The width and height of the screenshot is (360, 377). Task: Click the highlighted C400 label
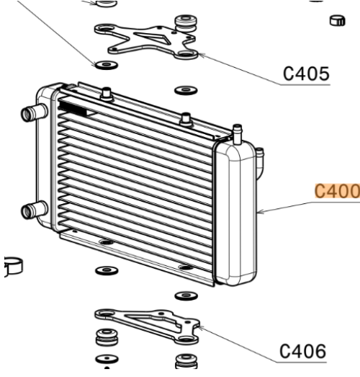(x=337, y=191)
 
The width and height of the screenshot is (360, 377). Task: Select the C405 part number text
(x=306, y=74)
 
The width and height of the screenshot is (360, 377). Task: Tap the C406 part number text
(x=303, y=351)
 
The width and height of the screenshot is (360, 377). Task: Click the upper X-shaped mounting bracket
(x=146, y=41)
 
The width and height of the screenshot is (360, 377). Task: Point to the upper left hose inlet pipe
(x=34, y=112)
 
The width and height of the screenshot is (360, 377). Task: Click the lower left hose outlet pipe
(x=34, y=210)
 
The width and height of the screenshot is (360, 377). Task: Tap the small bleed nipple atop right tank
(x=238, y=134)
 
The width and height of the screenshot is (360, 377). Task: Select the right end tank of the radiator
(x=235, y=214)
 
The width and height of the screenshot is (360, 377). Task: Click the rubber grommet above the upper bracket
(x=186, y=23)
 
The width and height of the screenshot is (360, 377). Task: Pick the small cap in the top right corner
(x=338, y=21)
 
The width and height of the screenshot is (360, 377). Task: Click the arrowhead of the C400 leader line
(x=261, y=212)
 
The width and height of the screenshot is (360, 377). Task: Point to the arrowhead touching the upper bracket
(x=202, y=56)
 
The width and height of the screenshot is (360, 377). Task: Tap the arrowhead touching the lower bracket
(x=202, y=328)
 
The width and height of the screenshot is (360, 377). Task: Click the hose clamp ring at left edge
(x=13, y=266)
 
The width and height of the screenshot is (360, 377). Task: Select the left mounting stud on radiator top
(x=107, y=94)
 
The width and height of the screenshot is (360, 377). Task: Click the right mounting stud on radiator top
(x=186, y=120)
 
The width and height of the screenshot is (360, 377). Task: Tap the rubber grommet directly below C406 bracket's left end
(x=107, y=337)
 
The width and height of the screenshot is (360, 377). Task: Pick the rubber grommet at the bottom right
(x=186, y=360)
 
